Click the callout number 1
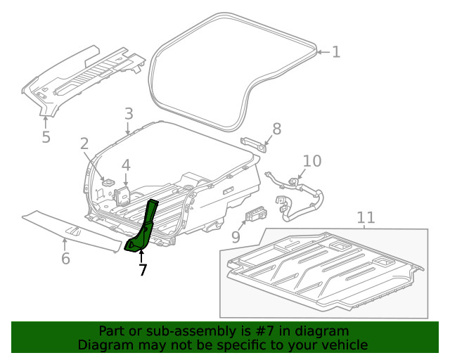(x=335, y=51)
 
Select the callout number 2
(x=84, y=144)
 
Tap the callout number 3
(x=129, y=114)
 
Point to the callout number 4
(x=126, y=166)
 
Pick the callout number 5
(x=46, y=136)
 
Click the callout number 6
(x=65, y=258)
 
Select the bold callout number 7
(x=142, y=269)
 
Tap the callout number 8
(x=276, y=129)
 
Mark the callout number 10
(x=311, y=161)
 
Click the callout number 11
(x=366, y=218)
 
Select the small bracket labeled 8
(x=255, y=143)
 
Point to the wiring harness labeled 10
(x=299, y=197)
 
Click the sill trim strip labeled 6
(x=70, y=224)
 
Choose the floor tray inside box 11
(x=323, y=271)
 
